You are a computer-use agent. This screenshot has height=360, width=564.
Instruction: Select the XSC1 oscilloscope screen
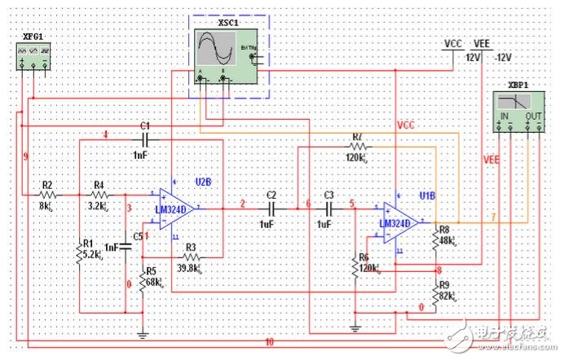click(216, 50)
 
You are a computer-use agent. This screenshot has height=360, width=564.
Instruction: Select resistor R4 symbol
click(99, 195)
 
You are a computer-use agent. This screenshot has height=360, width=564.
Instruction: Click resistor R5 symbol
click(142, 281)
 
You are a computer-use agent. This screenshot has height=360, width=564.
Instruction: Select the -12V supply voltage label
click(502, 57)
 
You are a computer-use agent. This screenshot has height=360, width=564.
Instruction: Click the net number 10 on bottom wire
click(269, 342)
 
